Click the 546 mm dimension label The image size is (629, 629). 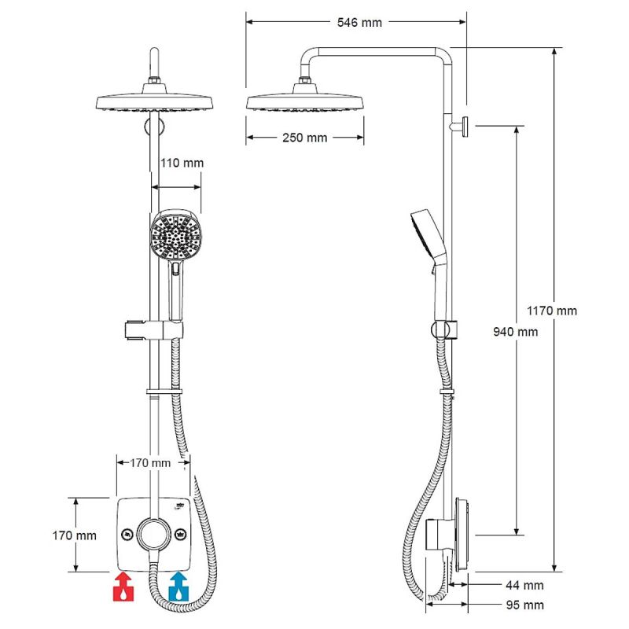point(359,22)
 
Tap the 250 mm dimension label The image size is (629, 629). point(303,138)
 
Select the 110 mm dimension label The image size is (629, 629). point(182,163)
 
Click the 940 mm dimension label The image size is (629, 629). point(515,332)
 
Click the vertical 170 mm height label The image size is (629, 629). point(75,535)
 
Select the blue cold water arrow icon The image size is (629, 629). point(179,587)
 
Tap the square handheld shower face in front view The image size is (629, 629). point(173,236)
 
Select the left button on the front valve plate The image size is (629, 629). point(126,535)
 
